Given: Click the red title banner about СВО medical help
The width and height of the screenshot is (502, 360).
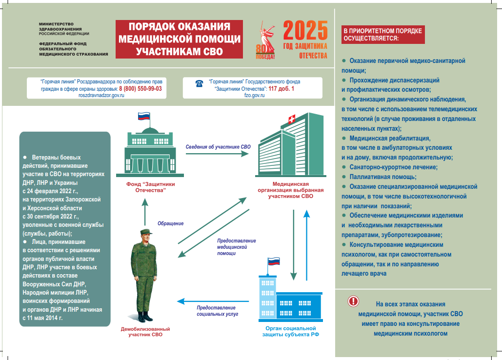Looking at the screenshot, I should [x=179, y=39].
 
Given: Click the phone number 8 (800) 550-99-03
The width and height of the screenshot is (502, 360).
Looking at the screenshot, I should [x=141, y=89].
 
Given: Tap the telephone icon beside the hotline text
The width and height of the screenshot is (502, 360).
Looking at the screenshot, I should [x=199, y=83].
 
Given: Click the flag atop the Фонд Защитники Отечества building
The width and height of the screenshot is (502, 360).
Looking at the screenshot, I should [x=143, y=118].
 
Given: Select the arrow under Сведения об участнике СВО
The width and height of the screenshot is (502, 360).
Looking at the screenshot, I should [x=211, y=154].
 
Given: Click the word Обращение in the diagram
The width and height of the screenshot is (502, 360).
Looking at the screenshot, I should [x=170, y=223].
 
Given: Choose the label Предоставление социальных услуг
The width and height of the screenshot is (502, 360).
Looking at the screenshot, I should [x=217, y=311].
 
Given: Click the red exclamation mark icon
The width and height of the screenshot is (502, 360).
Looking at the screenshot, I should [x=353, y=301].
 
